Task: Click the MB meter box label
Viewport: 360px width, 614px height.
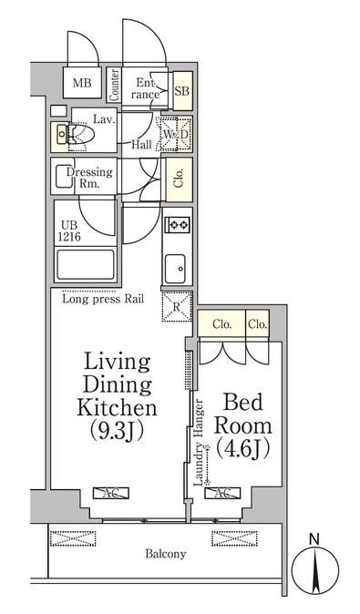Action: coord(82,83)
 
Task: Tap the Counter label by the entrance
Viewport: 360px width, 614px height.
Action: coord(114,85)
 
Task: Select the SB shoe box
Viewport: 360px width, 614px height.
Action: coord(182,91)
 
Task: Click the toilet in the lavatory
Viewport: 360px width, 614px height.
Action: coord(81,134)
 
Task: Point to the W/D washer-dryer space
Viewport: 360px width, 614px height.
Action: coord(175,134)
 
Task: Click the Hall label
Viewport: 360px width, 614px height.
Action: coord(141,145)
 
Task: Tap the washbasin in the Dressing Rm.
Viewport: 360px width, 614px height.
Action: coord(63,176)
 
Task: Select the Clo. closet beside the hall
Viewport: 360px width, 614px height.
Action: coord(179,179)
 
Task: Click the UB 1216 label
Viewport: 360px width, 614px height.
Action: coord(70,231)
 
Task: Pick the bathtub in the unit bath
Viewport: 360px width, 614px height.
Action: coord(86,264)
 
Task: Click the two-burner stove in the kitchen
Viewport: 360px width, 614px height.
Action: coord(178,225)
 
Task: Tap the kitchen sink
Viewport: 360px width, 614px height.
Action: coord(175,269)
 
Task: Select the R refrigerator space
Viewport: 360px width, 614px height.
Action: coord(177,307)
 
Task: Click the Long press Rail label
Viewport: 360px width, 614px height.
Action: coord(103,299)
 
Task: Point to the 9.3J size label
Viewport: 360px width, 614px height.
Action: coord(117,430)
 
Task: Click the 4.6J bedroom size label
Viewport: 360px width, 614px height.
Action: coord(242,449)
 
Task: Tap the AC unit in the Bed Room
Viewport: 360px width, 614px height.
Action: coord(222,493)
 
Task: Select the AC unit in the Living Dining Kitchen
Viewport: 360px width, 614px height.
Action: coord(111,493)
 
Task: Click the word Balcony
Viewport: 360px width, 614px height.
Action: coord(166,554)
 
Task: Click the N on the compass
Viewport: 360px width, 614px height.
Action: coord(314,539)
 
